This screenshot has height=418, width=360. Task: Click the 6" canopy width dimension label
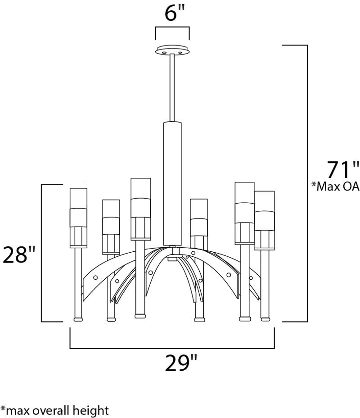[x=175, y=12]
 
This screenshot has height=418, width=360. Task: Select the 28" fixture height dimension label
[x=18, y=254]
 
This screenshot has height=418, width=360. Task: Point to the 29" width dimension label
[x=181, y=363]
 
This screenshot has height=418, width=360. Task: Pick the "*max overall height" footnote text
[x=54, y=410]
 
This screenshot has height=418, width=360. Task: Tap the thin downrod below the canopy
[x=172, y=88]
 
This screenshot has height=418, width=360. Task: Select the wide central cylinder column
[x=172, y=184]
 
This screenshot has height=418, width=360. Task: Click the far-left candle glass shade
[x=79, y=218]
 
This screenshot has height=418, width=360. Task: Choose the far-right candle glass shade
[x=264, y=220]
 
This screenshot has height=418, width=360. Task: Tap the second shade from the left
[x=111, y=227]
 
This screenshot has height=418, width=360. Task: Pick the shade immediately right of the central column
[x=198, y=217]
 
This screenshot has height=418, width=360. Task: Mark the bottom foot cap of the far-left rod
[x=78, y=319]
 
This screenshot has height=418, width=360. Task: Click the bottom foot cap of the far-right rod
[x=265, y=319]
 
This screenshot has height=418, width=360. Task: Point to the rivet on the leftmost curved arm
[x=95, y=277]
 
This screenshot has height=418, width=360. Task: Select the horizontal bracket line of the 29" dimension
[x=172, y=348]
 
